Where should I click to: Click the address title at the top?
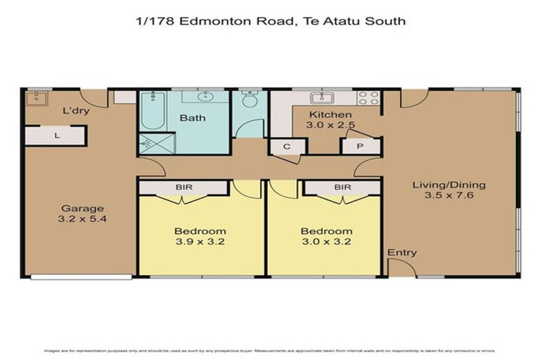(270, 21)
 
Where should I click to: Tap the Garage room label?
(82, 208)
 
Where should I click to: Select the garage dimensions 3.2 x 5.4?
(82, 219)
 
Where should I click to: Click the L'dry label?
(75, 111)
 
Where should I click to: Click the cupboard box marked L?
(56, 136)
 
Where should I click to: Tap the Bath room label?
(193, 117)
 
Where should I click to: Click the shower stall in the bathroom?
(148, 143)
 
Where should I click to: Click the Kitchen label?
(331, 115)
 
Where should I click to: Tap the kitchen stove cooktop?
(368, 98)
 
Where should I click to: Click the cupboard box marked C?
(288, 146)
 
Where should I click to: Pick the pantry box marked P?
(359, 146)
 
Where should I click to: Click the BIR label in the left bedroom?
(184, 187)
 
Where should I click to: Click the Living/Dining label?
(449, 185)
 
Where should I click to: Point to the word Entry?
(402, 252)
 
